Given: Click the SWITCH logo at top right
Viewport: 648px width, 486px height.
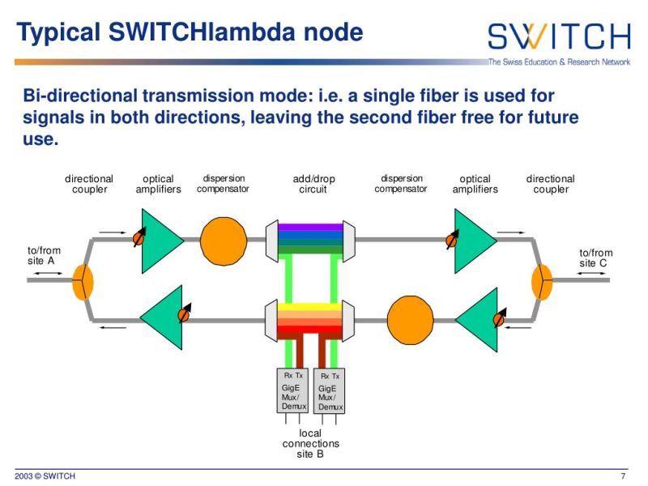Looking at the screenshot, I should pyautogui.click(x=558, y=36).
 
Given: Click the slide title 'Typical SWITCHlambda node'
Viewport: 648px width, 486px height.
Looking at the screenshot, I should pyautogui.click(x=190, y=33).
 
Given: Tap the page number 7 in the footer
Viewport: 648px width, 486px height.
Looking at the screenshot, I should pyautogui.click(x=622, y=475).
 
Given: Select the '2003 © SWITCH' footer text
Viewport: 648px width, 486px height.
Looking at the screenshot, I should pyautogui.click(x=45, y=475).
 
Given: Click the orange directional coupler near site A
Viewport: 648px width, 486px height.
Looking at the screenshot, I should pyautogui.click(x=83, y=281).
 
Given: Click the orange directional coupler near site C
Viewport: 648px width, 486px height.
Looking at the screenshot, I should pyautogui.click(x=541, y=281).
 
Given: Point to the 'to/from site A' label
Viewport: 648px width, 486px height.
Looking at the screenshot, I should pyautogui.click(x=44, y=257).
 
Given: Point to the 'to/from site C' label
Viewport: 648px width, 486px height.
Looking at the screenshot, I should pyautogui.click(x=596, y=258).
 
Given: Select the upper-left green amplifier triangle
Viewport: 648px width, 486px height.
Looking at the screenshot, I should pyautogui.click(x=161, y=241).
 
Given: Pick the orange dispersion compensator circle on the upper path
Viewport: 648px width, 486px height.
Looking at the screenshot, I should pyautogui.click(x=224, y=240).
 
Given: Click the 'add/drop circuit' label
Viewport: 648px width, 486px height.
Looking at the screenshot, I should pyautogui.click(x=313, y=184).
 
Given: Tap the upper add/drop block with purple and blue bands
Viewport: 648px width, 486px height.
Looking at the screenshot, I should pyautogui.click(x=310, y=238).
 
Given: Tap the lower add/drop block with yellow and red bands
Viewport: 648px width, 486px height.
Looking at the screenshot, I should pyautogui.click(x=310, y=320).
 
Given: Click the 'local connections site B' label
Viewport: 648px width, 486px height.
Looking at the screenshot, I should pyautogui.click(x=310, y=444).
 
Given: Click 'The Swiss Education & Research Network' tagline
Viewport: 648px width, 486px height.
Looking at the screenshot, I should pyautogui.click(x=558, y=62).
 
